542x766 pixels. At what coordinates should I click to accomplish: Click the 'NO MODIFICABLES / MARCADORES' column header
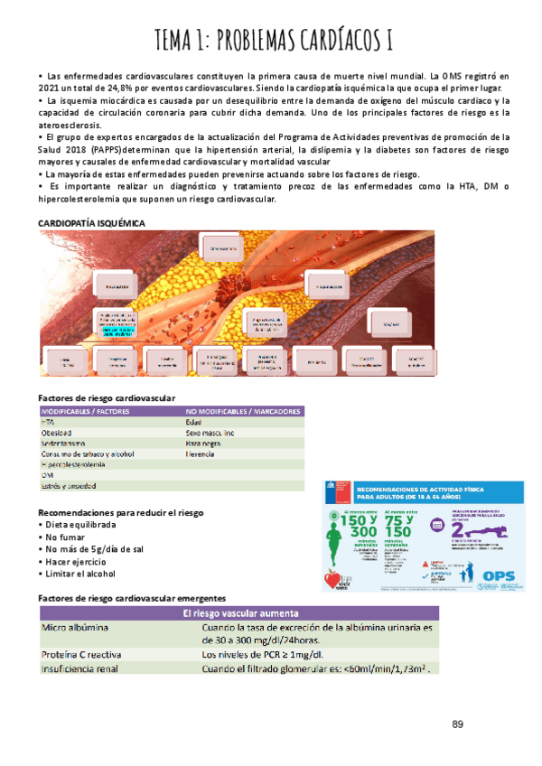(x=242, y=411)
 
